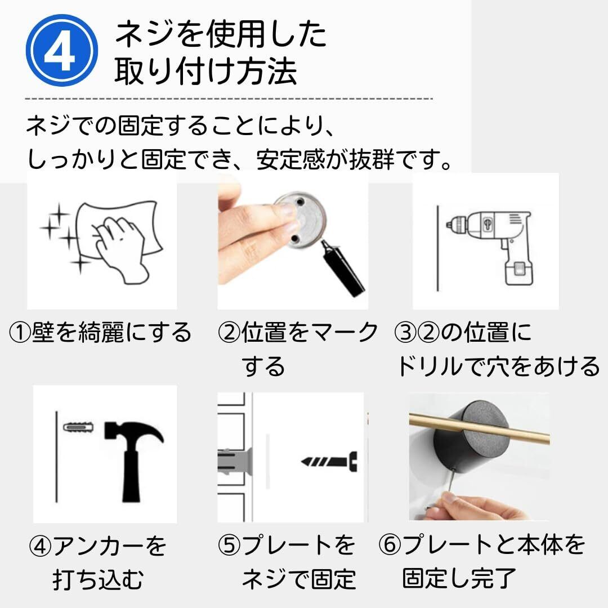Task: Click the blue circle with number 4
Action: point(62,51)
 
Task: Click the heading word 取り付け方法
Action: point(206,71)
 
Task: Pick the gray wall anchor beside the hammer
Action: point(78,427)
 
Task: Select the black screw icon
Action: point(329,462)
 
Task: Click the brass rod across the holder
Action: point(479,428)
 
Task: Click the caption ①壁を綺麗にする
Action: point(100,333)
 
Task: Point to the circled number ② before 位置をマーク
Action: point(229,333)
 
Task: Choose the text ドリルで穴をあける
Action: point(498,366)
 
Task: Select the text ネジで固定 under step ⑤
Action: point(299,579)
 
